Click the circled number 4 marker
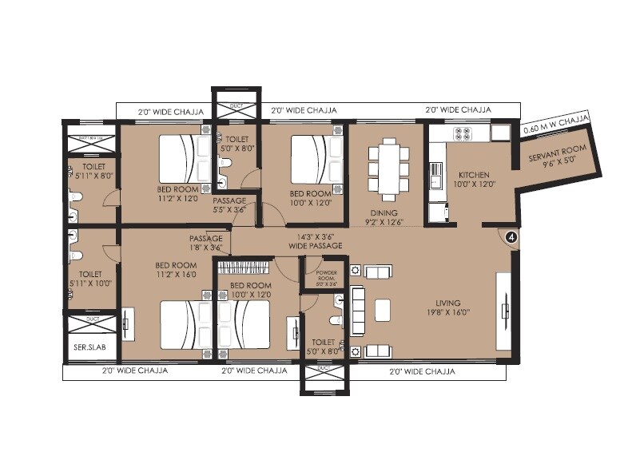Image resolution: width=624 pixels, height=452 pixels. (x=512, y=236)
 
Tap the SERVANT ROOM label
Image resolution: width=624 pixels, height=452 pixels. (x=557, y=157)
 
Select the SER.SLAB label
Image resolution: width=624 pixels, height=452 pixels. (x=85, y=349)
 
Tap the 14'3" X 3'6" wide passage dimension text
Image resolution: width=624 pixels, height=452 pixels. (x=315, y=236)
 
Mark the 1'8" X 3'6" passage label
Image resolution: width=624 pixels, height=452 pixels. (x=205, y=248)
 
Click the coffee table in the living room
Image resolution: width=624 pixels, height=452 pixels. (x=384, y=309)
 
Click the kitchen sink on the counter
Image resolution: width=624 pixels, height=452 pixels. (x=436, y=170)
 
